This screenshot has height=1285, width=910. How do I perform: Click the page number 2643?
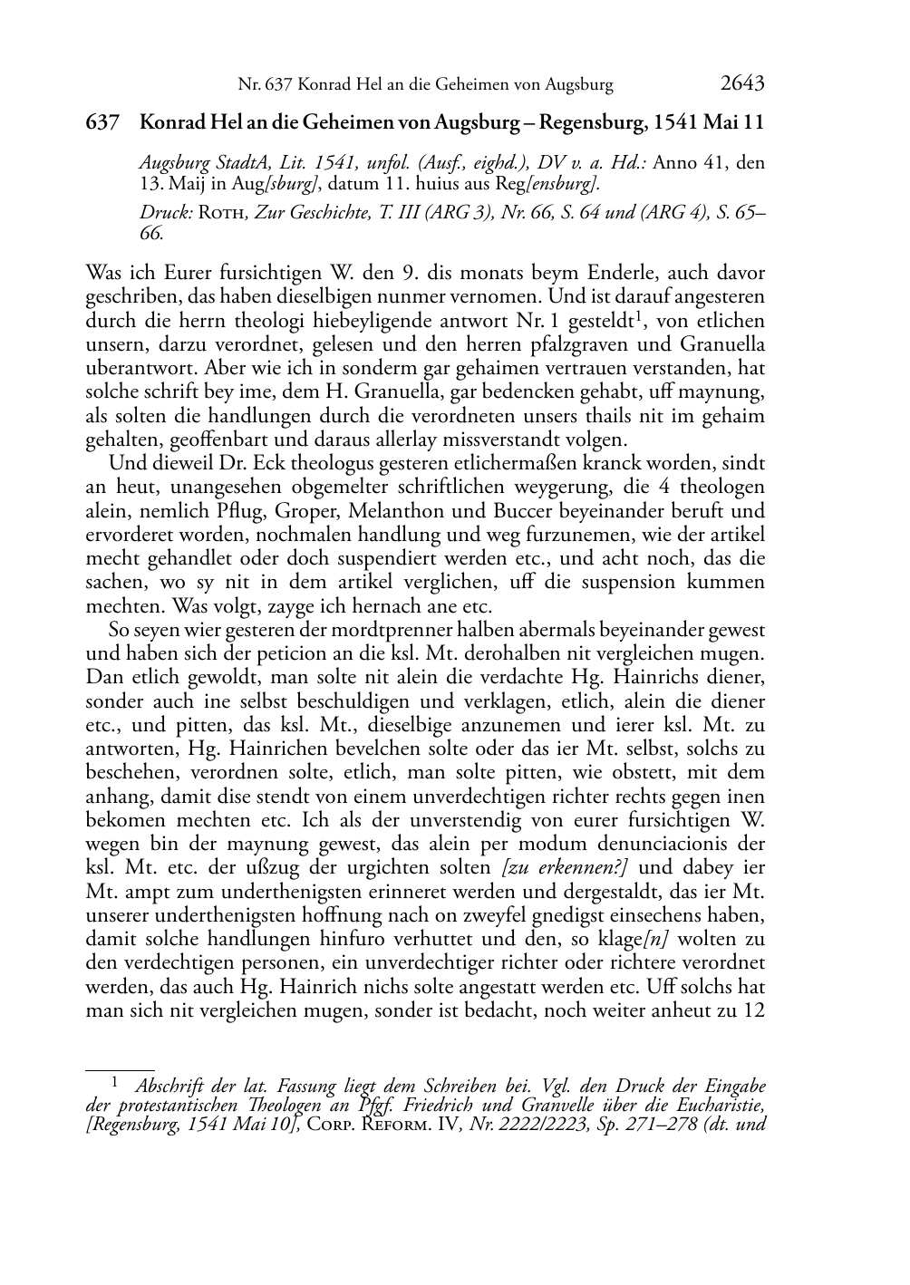coord(742,84)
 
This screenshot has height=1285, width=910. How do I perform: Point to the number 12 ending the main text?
coord(754,1010)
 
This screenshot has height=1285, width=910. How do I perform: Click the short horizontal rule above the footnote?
coord(120,1069)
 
